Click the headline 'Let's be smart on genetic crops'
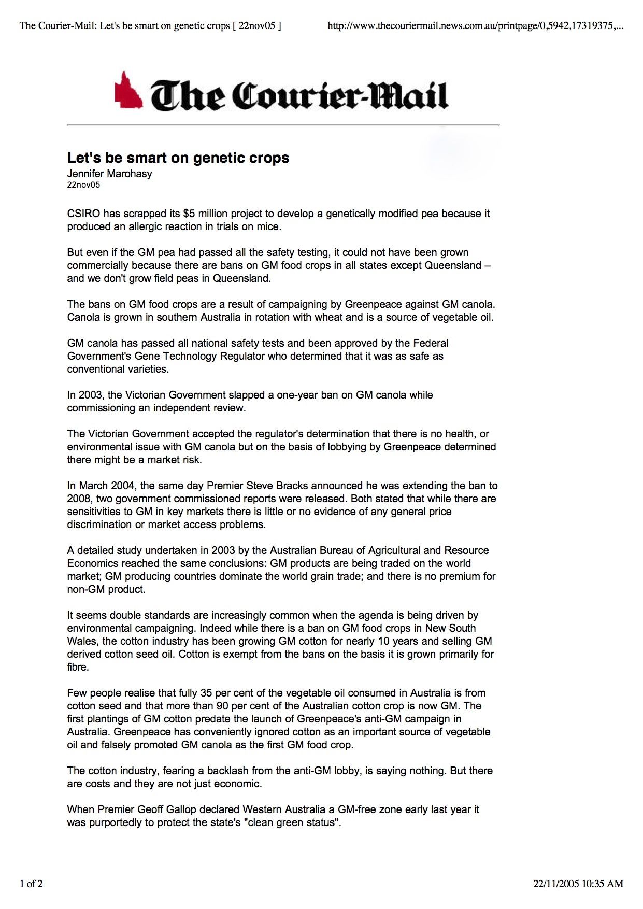tap(178, 158)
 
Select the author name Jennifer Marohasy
tap(109, 174)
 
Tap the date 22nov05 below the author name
tap(83, 184)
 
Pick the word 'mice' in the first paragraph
tap(268, 226)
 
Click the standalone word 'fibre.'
tap(78, 667)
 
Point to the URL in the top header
tap(475, 26)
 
